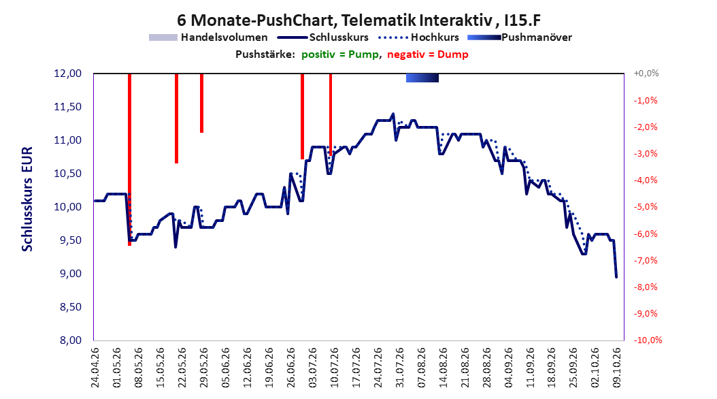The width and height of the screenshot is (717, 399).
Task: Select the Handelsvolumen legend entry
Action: point(208,37)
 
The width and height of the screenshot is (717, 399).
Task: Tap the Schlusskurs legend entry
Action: point(323,37)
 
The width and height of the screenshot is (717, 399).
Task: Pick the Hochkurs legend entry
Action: point(419,37)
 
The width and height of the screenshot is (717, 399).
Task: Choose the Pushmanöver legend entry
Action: point(520,37)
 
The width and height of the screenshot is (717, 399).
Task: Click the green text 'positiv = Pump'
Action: point(340,54)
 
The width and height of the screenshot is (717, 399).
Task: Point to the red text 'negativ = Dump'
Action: point(428,54)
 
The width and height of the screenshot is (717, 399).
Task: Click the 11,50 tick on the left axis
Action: point(67,107)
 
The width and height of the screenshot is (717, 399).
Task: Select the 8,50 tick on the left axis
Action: point(71,306)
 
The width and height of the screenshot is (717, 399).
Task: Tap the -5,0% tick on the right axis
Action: point(646,207)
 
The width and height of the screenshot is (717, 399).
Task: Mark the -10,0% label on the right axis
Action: point(648,340)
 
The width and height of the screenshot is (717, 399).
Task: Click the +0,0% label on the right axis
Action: point(646,74)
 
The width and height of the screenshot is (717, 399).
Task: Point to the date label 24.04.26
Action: point(95,368)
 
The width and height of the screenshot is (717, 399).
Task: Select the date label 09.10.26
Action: point(616,368)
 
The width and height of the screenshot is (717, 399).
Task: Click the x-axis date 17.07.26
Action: point(356,368)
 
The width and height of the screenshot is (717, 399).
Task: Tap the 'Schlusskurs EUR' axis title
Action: point(27,199)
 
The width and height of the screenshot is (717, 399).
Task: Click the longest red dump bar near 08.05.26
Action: point(129,159)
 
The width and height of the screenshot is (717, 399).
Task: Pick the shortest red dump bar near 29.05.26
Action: point(201,103)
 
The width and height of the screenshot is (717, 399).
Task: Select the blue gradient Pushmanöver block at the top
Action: point(422,78)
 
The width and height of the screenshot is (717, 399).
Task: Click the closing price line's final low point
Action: point(616,277)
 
